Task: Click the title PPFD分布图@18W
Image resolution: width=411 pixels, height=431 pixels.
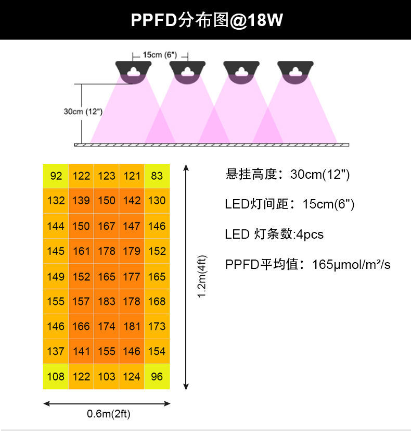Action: pyautogui.click(x=207, y=20)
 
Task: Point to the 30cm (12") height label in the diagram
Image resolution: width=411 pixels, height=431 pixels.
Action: pyautogui.click(x=82, y=112)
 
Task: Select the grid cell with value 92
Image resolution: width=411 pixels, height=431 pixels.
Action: pyautogui.click(x=56, y=176)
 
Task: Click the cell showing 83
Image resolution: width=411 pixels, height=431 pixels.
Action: pyautogui.click(x=157, y=176)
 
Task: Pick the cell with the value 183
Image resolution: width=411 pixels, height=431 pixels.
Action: pyautogui.click(x=107, y=301)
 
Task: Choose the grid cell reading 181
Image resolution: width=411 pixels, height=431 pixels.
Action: pyautogui.click(x=132, y=326)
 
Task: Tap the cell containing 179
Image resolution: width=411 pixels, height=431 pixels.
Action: pyautogui.click(x=132, y=251)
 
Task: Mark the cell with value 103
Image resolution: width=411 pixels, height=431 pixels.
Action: pyautogui.click(x=107, y=376)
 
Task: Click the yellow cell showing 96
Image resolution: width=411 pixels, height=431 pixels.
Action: pyautogui.click(x=157, y=376)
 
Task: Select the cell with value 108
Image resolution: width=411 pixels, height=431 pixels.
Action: pyautogui.click(x=56, y=376)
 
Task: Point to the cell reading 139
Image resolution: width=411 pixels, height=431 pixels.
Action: pyautogui.click(x=81, y=201)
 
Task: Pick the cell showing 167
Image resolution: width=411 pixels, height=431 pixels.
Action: pyautogui.click(x=107, y=226)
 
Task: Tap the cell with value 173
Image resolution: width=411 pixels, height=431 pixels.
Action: pyautogui.click(x=157, y=326)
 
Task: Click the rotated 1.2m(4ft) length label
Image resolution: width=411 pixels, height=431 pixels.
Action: pyautogui.click(x=202, y=277)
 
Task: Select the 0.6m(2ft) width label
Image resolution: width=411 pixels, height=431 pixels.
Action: pyautogui.click(x=108, y=415)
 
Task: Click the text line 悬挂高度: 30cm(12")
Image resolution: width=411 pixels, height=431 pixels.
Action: pyautogui.click(x=288, y=175)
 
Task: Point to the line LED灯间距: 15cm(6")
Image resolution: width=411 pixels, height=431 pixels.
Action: pyautogui.click(x=290, y=204)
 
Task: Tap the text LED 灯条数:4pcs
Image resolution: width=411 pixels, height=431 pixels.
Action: pyautogui.click(x=274, y=235)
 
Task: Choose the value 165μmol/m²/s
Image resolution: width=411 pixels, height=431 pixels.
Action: pyautogui.click(x=351, y=265)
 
